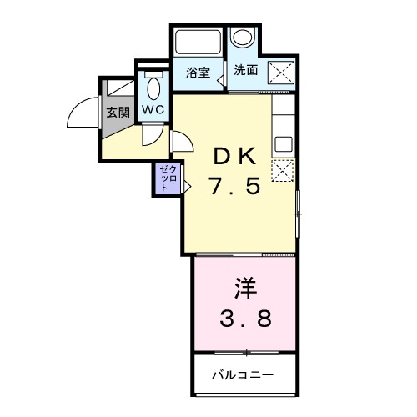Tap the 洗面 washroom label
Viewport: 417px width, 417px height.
(246, 71)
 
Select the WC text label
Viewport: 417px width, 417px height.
(153, 109)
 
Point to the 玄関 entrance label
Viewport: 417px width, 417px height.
(118, 111)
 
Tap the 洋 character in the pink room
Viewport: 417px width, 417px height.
(244, 289)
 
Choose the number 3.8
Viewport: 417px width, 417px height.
(244, 320)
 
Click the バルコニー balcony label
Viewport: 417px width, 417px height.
(242, 374)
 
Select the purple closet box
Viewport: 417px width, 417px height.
(165, 180)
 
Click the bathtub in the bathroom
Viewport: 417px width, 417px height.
(197, 43)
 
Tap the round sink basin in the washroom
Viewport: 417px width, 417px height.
(243, 38)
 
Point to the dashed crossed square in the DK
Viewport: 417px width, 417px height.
(282, 170)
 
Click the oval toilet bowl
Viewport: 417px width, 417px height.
(154, 88)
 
